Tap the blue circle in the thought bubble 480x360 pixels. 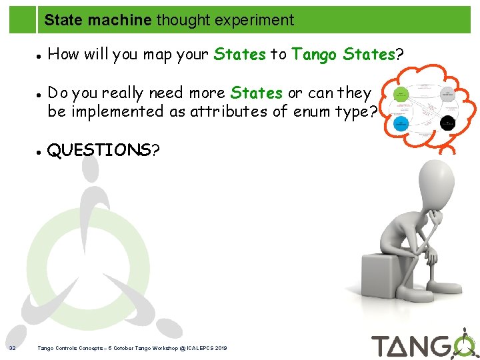(x=401, y=123)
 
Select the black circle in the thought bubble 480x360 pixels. (x=448, y=123)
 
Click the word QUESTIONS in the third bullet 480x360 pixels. (x=99, y=150)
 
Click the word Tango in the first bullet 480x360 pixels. (x=315, y=55)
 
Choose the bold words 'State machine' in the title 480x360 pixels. (x=98, y=20)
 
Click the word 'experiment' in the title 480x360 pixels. (x=259, y=20)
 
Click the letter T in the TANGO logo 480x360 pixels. (x=383, y=346)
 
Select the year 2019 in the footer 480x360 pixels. (x=221, y=348)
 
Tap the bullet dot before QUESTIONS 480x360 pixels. (x=40, y=151)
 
